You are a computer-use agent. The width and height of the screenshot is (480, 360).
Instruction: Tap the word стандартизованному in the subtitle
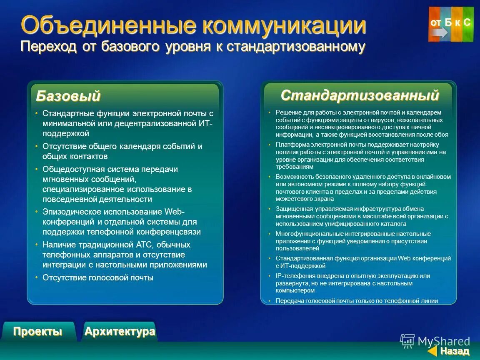[x=296, y=47]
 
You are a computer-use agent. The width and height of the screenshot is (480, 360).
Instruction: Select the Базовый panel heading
[x=68, y=96]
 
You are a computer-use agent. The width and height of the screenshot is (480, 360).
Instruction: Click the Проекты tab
[x=37, y=332]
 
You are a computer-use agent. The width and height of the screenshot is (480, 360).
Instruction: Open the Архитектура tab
[x=120, y=332]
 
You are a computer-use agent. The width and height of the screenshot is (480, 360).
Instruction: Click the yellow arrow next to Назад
[x=433, y=351]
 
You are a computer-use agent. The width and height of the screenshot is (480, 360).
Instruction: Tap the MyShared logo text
[x=443, y=342]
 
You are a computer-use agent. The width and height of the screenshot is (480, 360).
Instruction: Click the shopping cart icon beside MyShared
[x=407, y=341]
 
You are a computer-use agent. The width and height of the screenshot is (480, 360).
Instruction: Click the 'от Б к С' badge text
[x=450, y=22]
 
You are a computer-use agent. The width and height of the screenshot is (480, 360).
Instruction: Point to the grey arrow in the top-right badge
[x=440, y=32]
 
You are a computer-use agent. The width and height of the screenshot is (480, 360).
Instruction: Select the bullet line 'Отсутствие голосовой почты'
[x=98, y=277]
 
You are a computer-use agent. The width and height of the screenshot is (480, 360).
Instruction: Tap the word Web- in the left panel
[x=175, y=212]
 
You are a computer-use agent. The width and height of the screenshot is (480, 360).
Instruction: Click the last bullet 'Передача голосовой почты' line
[x=356, y=301]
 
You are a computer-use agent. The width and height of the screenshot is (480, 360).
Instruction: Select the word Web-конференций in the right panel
[x=424, y=258]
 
